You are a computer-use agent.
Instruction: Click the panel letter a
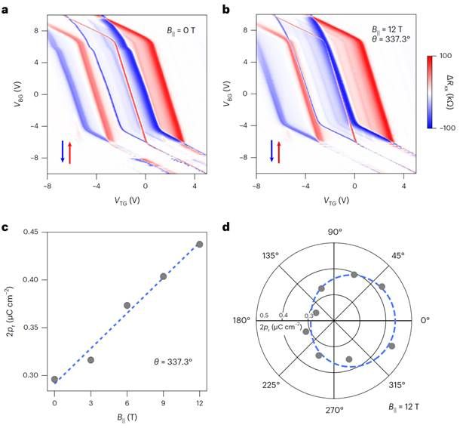click(5, 8)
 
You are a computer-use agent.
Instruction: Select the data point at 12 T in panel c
click(199, 244)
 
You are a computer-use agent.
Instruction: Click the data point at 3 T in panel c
click(90, 360)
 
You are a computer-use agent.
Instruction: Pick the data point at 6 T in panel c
click(127, 305)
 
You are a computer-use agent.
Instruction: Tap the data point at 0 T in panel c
click(54, 379)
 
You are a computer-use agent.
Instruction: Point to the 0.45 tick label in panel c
click(27, 232)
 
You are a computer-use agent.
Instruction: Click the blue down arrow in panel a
click(62, 151)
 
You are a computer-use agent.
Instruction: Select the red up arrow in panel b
click(280, 151)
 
